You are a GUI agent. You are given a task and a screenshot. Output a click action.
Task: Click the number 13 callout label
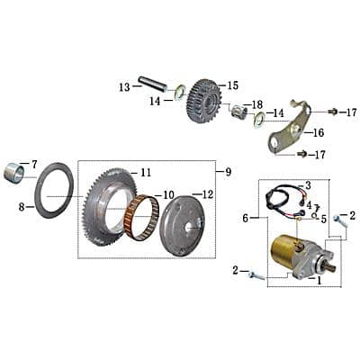pos(124,86)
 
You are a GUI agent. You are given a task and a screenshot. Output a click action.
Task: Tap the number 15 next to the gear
pos(233,85)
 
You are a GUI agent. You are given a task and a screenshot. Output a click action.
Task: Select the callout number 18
pos(257,104)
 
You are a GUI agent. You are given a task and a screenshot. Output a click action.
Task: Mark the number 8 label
pos(20,206)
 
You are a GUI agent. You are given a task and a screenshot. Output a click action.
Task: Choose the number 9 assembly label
pos(228,171)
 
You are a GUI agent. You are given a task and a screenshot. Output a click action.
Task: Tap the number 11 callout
pos(146,172)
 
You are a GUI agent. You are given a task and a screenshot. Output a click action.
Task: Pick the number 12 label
pos(208,194)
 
